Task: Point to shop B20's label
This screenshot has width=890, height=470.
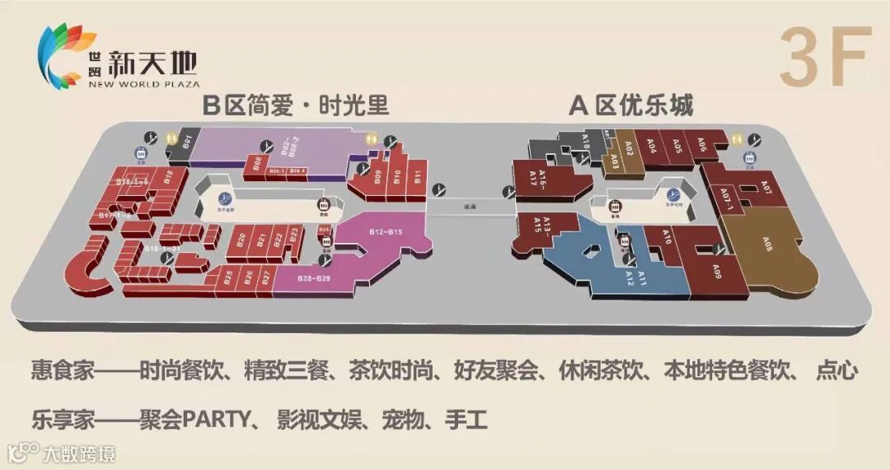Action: [241, 241]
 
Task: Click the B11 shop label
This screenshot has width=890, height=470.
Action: [419, 176]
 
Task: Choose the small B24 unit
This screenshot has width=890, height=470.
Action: [324, 229]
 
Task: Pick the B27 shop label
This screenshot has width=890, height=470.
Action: [265, 277]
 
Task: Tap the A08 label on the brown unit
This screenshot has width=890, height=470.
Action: [768, 244]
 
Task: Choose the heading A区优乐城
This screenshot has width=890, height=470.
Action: [631, 105]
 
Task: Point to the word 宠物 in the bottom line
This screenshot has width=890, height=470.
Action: [401, 421]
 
